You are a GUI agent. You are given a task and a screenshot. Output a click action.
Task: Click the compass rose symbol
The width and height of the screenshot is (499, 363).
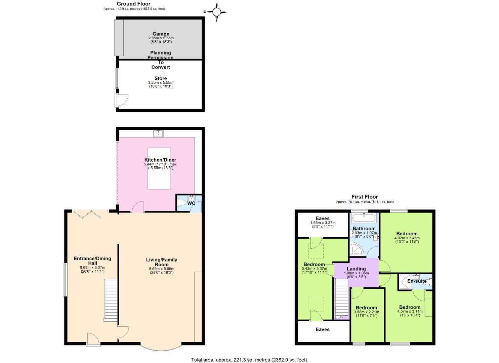click(217, 12)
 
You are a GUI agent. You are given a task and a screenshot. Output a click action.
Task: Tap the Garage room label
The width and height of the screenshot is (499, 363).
click(161, 34)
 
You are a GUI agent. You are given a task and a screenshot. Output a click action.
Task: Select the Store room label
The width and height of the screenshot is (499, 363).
click(161, 78)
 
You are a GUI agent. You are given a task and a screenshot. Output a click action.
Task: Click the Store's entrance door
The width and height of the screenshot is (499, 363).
click(121, 100)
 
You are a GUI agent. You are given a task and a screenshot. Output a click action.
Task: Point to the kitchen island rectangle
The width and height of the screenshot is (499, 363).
click(159, 168)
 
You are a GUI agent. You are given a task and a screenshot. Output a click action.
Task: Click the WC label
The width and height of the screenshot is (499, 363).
click(191, 203)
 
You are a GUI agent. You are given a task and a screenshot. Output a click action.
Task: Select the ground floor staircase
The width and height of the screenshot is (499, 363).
click(111, 300)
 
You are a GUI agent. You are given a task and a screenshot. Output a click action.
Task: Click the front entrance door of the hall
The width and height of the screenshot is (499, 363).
click(93, 339)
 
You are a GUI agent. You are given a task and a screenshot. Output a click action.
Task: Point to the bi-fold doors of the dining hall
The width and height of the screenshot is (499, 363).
click(87, 214)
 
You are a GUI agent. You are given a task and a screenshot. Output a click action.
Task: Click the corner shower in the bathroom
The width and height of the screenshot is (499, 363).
click(355, 249)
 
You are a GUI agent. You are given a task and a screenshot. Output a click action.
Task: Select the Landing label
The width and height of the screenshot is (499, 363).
click(356, 269)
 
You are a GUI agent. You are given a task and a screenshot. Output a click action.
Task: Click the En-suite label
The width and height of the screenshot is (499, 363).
click(417, 281)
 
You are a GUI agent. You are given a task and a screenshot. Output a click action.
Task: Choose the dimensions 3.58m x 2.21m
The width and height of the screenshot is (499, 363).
click(366, 312)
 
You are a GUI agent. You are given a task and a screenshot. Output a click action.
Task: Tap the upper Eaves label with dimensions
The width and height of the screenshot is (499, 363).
click(323, 218)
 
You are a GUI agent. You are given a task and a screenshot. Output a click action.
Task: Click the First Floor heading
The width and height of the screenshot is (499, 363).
click(365, 197)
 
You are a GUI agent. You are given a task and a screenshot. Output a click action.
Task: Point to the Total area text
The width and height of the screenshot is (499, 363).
click(249, 360)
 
